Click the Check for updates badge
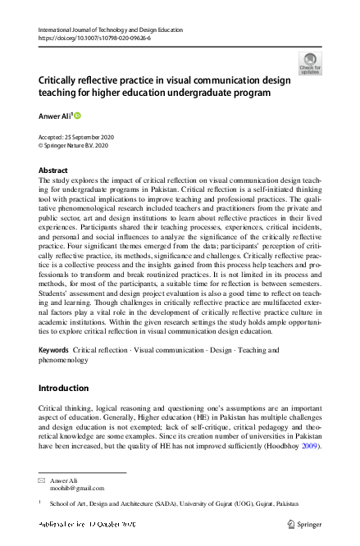(310, 63)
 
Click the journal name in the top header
(111, 30)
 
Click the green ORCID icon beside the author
(78, 117)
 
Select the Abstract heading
(53, 171)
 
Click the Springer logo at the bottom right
(304, 523)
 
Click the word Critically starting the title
(64, 80)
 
